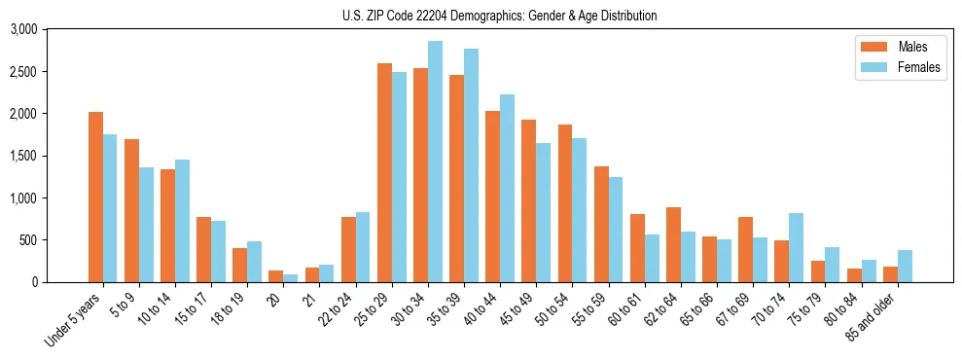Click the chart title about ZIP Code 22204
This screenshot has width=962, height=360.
click(499, 16)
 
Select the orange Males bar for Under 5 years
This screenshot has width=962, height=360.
click(95, 198)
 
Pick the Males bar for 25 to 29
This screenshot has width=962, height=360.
click(384, 173)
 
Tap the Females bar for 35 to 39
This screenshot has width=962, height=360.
click(471, 165)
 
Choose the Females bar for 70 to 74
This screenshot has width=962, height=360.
click(797, 248)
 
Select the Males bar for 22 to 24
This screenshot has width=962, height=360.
click(348, 250)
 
